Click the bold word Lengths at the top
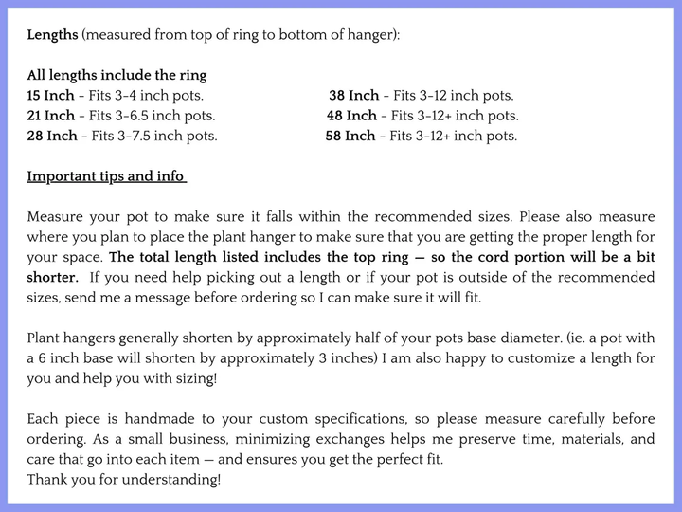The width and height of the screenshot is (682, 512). [x=53, y=34]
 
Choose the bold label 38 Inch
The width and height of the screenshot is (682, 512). [x=353, y=96]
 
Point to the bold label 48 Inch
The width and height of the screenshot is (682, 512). [x=350, y=116]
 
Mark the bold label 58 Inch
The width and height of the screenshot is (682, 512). [x=350, y=136]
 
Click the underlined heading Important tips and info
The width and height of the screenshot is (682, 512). [x=105, y=176]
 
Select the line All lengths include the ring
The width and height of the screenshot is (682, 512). [x=117, y=75]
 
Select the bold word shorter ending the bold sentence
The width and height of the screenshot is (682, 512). [x=51, y=277]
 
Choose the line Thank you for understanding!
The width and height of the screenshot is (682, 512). [x=124, y=479]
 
